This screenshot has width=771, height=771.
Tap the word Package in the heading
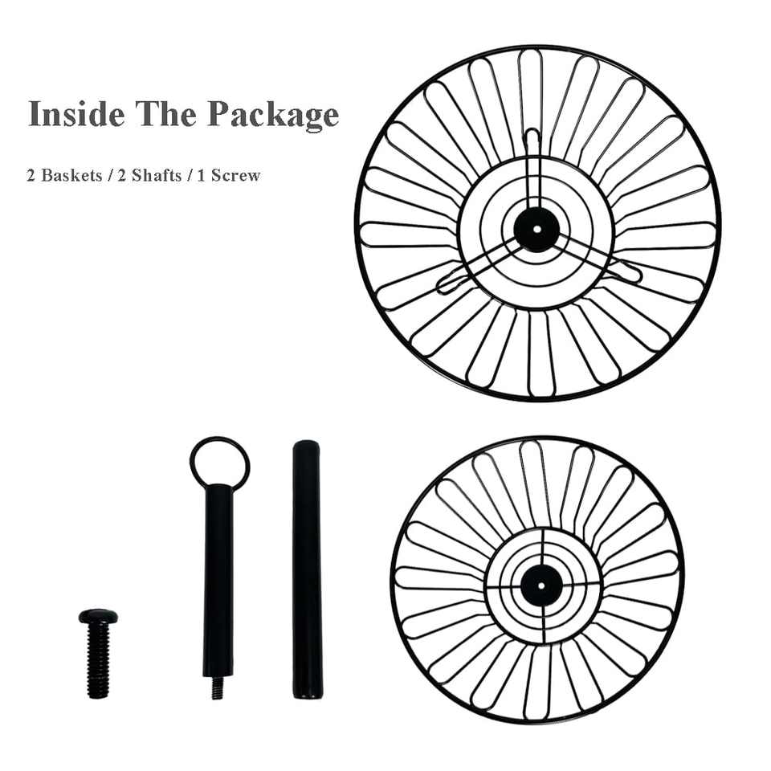click(274, 115)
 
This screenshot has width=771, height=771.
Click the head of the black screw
click(98, 617)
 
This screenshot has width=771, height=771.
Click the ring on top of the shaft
click(219, 462)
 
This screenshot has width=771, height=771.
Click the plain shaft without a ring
click(306, 570)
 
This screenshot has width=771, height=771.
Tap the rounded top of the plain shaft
click(305, 447)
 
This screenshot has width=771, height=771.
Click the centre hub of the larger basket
click(536, 229)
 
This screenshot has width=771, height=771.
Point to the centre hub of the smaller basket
click(540, 584)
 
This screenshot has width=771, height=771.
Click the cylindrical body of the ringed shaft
click(218, 578)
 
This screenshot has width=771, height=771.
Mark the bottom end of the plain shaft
click(306, 692)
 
